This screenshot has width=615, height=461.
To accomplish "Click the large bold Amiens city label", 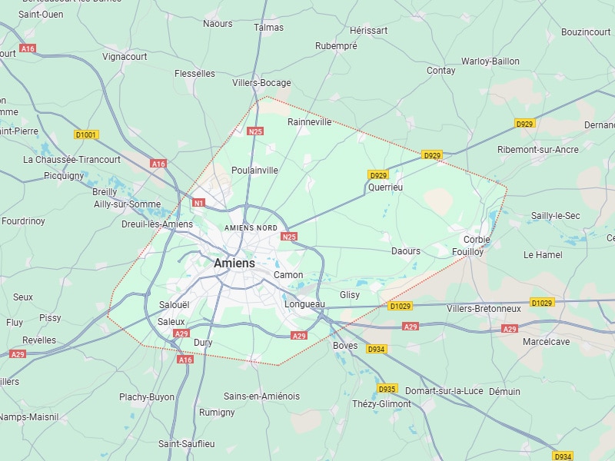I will tap(234, 263).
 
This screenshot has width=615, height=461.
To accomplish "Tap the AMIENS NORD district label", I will tap(251, 228).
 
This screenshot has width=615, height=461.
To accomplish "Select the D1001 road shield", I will tap(86, 134).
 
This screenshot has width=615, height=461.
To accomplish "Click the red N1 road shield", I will tap(199, 203).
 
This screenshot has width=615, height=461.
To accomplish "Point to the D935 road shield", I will tap(387, 389).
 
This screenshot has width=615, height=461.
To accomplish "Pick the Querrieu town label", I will tap(385, 187).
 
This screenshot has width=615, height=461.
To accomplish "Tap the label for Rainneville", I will tap(309, 121).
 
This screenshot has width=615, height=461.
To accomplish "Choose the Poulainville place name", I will tap(254, 170).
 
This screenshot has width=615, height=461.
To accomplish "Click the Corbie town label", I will tap(477, 240).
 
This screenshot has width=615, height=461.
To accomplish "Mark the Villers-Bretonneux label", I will tap(484, 309).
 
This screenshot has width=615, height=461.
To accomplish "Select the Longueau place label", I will tap(304, 304).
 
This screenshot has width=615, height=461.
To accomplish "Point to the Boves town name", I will tap(345, 346).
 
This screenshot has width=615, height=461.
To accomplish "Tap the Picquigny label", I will tap(64, 175).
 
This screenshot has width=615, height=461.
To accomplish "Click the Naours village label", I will tap(218, 24).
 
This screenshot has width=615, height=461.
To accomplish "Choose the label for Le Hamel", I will tap(543, 254).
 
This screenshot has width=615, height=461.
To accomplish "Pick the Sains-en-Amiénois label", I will tap(261, 396).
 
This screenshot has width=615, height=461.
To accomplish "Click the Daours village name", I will tap(406, 251).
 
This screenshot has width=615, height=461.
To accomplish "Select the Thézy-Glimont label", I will tap(381, 404).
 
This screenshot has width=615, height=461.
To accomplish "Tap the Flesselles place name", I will tap(194, 74).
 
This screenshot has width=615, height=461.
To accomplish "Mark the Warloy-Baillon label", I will tap(490, 61).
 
